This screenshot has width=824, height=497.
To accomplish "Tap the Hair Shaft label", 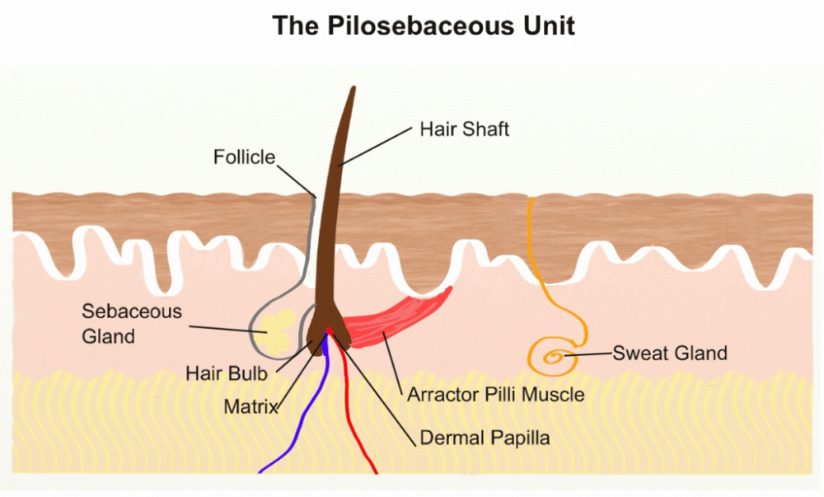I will [464, 129].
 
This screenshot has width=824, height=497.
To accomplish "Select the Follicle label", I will [244, 157].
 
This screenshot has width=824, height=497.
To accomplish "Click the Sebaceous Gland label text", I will [132, 324].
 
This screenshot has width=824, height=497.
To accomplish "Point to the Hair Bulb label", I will [226, 373].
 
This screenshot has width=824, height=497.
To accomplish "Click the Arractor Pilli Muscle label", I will [495, 395].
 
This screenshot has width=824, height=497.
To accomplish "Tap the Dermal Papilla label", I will [485, 438].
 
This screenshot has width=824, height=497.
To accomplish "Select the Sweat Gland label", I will [670, 354].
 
